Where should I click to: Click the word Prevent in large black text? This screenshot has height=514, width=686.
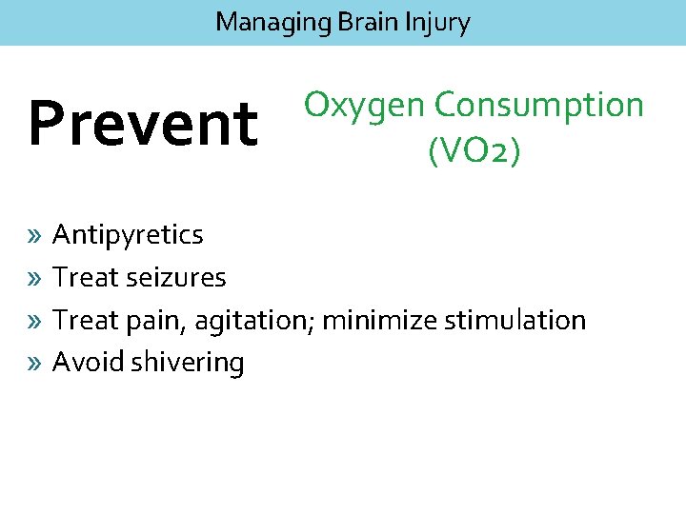point(143,124)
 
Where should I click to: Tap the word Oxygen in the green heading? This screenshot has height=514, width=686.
point(364,107)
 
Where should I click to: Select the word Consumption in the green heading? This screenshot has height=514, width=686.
point(539,105)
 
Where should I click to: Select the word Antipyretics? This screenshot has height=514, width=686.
point(128,235)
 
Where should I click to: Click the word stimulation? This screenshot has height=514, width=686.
point(514,321)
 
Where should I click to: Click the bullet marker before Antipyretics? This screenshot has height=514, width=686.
point(34,235)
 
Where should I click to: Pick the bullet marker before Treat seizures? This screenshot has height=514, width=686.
point(34,278)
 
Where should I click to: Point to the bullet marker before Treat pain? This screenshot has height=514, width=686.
point(34,321)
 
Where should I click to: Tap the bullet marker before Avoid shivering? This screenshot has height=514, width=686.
point(34,363)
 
